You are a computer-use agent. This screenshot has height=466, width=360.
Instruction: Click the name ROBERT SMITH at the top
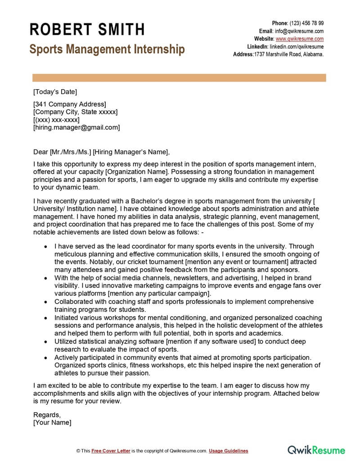click(x=87, y=30)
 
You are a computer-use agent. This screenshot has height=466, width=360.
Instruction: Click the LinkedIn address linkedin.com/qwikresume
click(x=297, y=46)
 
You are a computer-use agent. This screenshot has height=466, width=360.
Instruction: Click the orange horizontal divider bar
click(x=178, y=78)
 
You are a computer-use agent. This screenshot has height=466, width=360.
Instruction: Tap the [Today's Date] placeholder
click(x=55, y=92)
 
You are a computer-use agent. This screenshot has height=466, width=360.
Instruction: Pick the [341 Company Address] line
click(x=70, y=104)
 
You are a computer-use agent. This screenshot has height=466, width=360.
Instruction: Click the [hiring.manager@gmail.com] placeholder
click(x=76, y=127)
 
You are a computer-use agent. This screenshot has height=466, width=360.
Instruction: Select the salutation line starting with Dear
click(x=102, y=151)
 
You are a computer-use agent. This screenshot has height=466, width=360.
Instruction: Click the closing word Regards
click(x=47, y=414)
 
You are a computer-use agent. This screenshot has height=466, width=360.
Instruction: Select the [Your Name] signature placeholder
click(x=52, y=422)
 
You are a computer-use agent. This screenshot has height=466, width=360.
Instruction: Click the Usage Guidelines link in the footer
click(x=228, y=451)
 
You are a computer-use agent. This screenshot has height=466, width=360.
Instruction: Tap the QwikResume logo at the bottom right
click(x=316, y=450)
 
